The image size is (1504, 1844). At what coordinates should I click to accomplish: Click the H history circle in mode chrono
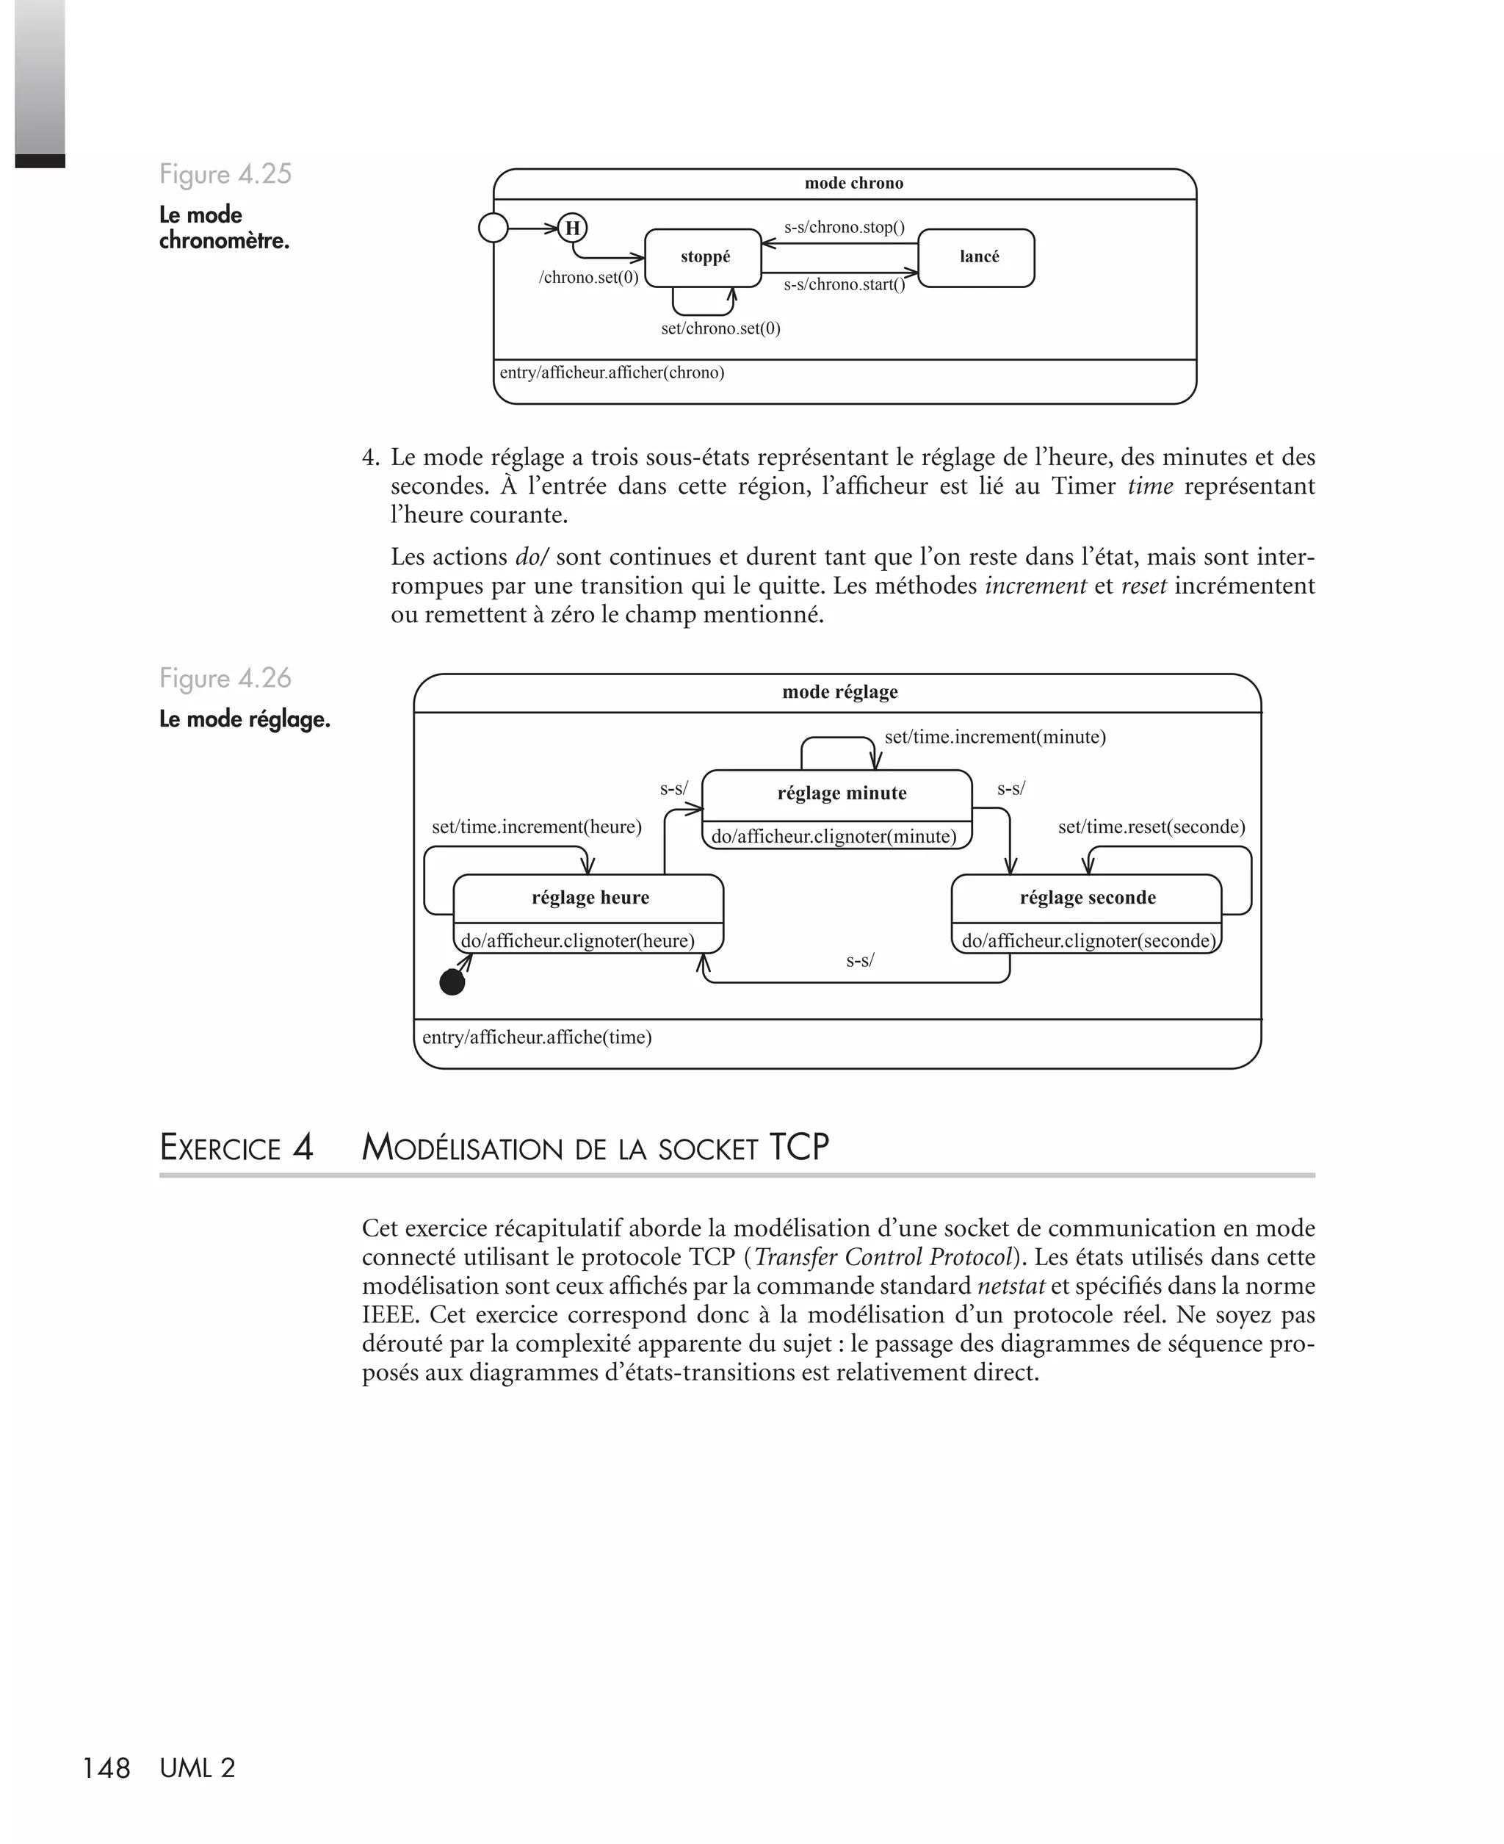pos(572,228)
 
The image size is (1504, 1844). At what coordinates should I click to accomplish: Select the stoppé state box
pos(704,257)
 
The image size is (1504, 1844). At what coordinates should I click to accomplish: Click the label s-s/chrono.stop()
pos(844,228)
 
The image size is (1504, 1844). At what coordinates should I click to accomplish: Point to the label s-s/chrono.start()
pos(844,285)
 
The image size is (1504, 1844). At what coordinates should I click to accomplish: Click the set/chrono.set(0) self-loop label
pos(720,328)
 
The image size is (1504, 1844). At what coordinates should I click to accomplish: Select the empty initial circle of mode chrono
pos(493,228)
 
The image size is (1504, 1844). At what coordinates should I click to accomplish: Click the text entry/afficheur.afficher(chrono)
pos(612,373)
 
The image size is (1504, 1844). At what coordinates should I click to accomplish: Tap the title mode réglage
pos(839,692)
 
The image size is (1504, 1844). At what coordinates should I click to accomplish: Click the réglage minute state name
pos(842,793)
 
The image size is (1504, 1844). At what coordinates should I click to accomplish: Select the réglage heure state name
pos(590,898)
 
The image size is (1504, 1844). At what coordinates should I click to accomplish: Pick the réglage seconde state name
pos(1088,898)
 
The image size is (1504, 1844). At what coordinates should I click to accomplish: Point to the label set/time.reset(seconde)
pos(1151,827)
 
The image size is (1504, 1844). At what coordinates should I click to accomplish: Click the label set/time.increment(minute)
pos(994,738)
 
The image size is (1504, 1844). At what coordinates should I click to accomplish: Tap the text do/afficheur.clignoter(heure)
pos(578,941)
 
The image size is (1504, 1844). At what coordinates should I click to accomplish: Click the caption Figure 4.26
pos(225,679)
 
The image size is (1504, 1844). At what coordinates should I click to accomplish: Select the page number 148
pos(106,1768)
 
